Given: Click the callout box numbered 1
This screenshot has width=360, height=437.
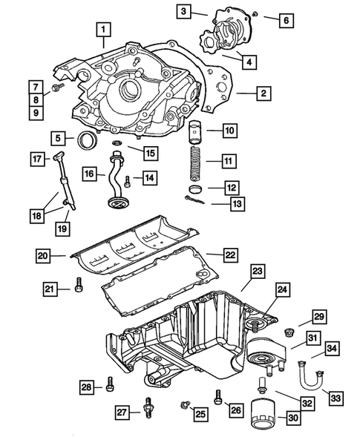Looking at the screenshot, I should tap(105, 30).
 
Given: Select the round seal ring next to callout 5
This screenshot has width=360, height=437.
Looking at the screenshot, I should tap(86, 139).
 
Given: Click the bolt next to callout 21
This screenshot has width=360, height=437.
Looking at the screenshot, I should tap(77, 286).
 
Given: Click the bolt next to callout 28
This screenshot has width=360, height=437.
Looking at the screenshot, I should tap(111, 384).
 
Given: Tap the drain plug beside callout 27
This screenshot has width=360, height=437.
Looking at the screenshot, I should tap(151, 406).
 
